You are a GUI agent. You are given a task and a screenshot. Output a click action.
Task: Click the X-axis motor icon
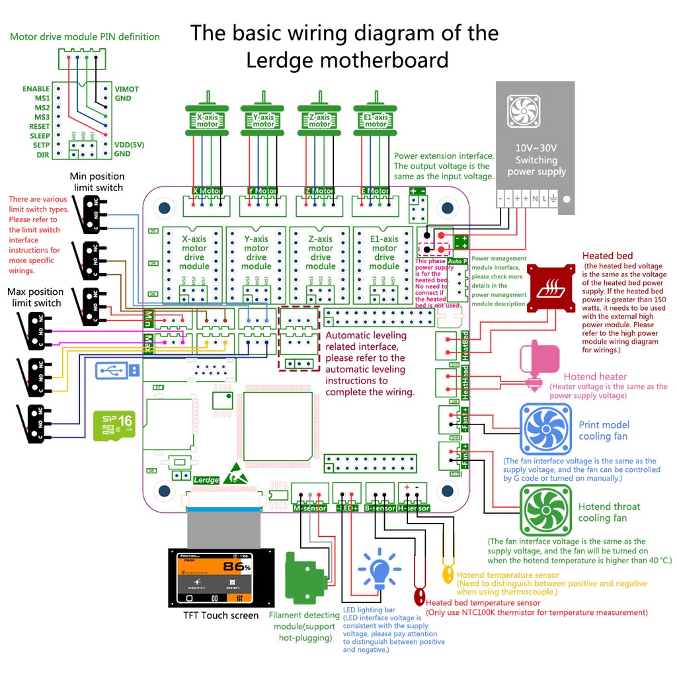207,120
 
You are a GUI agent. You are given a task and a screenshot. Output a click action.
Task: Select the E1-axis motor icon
376,120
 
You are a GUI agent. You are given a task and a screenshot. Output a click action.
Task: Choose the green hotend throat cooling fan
545,510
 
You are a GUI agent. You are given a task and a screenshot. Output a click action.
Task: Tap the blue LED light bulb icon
379,570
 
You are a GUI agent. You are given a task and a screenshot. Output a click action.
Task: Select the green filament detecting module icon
305,579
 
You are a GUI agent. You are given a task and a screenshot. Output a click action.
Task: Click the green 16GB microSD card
113,426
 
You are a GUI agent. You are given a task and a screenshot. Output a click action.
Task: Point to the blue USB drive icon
117,371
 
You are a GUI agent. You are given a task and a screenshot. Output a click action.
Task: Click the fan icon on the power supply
524,111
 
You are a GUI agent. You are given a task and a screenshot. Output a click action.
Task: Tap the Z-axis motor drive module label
321,253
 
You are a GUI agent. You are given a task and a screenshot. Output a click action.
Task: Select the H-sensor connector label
414,508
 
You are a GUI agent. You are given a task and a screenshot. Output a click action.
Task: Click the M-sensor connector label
309,508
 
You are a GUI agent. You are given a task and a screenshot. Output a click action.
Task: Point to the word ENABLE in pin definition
36,89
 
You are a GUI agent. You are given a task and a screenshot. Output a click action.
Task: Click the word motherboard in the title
347,61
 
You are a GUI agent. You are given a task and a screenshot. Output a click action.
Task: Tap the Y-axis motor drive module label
257,253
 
